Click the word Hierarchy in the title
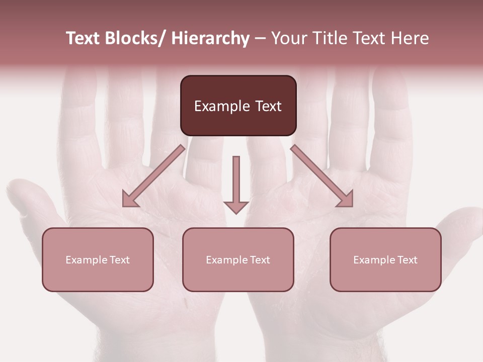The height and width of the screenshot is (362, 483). pos(210,38)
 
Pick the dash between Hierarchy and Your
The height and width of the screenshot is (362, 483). pos(260,39)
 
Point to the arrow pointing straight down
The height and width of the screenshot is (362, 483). pos(236,181)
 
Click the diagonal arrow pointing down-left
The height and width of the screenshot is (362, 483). pos(153,176)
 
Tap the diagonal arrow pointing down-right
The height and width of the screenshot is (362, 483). pos(322,176)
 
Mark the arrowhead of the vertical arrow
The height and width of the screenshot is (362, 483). pos(236,207)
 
